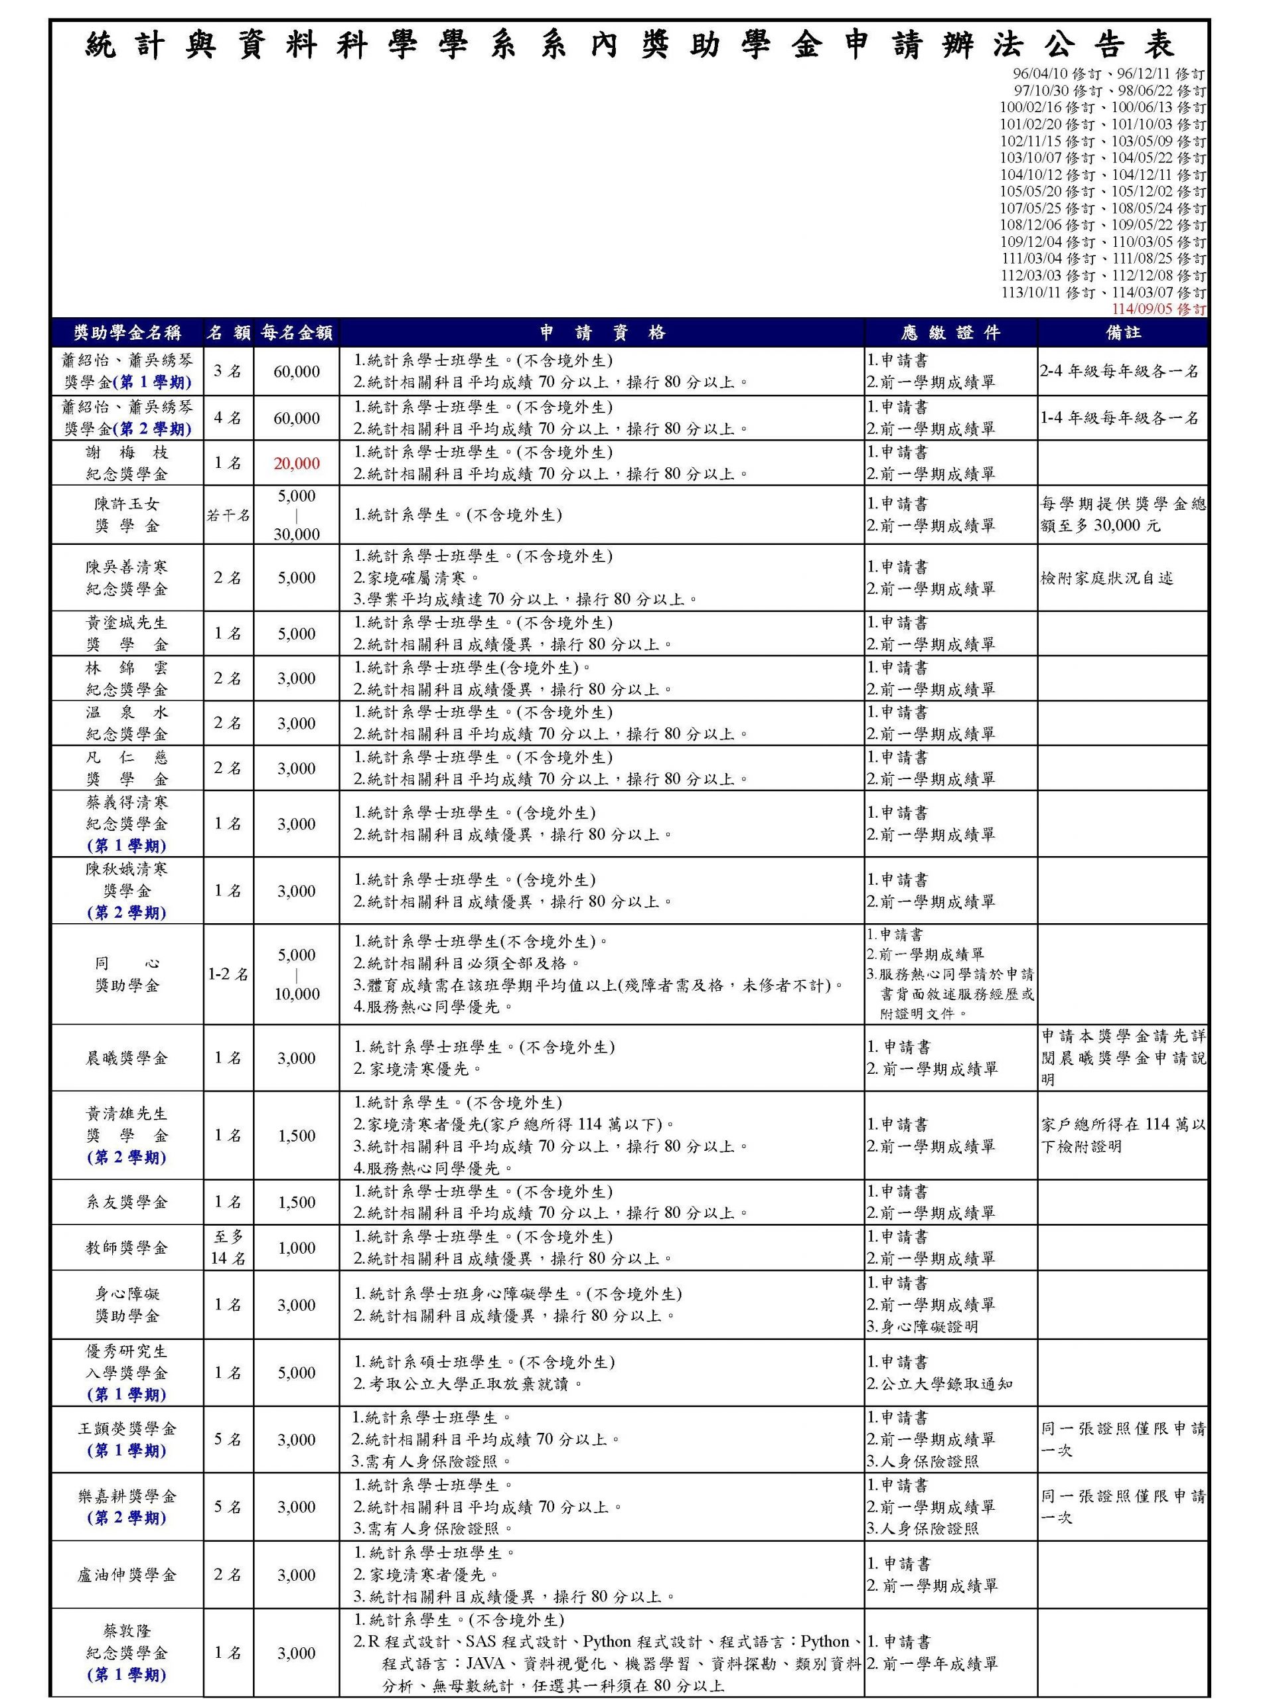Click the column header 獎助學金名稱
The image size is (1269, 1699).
click(x=127, y=332)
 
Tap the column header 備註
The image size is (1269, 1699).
click(x=1123, y=332)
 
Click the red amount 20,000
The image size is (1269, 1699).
click(x=297, y=463)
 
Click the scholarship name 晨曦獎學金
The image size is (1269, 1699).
click(x=127, y=1058)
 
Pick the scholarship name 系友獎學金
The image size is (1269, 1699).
click(x=127, y=1202)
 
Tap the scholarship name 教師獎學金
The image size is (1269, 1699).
click(x=127, y=1247)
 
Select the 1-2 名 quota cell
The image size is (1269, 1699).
click(x=228, y=974)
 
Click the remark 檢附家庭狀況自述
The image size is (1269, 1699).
click(x=1107, y=578)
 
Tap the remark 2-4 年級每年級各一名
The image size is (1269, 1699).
click(x=1119, y=372)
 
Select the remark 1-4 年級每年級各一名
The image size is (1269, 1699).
click(x=1119, y=419)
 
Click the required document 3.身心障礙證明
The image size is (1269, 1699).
click(x=923, y=1327)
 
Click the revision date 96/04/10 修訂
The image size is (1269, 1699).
click(x=1056, y=74)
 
